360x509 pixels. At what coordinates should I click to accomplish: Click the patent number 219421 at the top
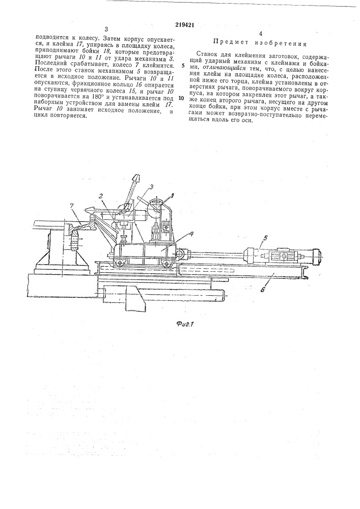[x=180, y=24]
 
